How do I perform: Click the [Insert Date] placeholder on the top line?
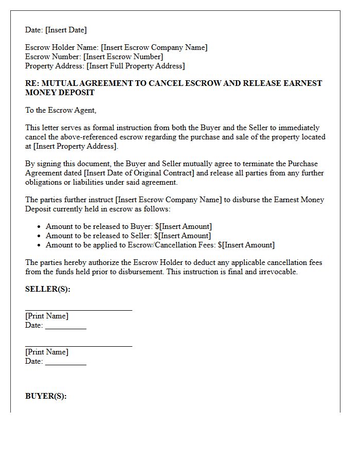coord(66,30)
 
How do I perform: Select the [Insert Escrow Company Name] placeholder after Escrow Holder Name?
coord(154,47)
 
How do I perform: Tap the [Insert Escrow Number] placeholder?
coord(123,57)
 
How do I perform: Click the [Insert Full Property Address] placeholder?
coord(135,66)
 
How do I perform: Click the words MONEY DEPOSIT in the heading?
coord(60,93)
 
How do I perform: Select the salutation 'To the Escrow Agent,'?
coord(61,110)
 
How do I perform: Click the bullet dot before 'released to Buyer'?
coord(40,227)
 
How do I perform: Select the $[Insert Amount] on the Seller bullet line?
coord(183,236)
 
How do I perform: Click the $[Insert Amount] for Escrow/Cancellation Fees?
coord(246,245)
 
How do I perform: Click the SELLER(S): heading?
coord(48,289)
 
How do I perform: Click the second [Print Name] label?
coord(47,352)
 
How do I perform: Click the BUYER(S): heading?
coord(46,396)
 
